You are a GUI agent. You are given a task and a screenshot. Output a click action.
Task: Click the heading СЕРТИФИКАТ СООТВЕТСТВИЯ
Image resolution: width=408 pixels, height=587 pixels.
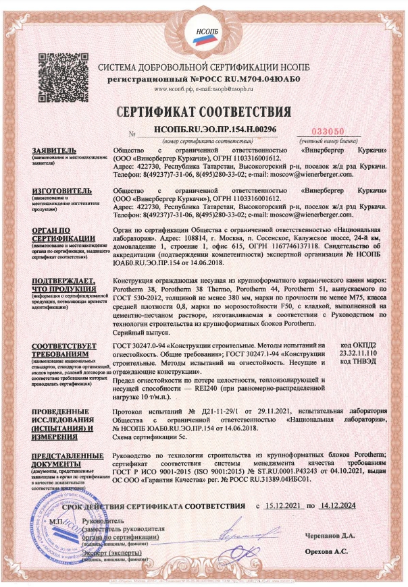pyautogui.click(x=204, y=111)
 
